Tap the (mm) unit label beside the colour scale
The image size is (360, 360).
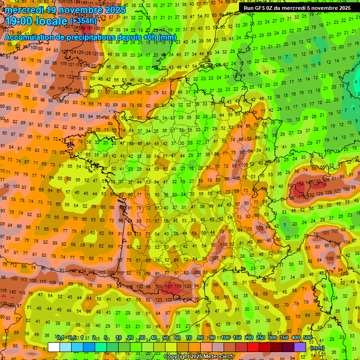pyautogui.click(x=317, y=348)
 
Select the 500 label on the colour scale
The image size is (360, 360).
pyautogui.click(x=307, y=338)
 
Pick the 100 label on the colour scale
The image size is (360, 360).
pyautogui.click(x=225, y=338)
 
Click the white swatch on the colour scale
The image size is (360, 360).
pyautogui.click(x=54, y=347)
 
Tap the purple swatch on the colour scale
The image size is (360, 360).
pyautogui.click(x=300, y=347)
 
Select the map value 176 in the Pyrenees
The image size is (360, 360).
pyautogui.click(x=178, y=286)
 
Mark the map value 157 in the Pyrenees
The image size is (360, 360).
pyautogui.click(x=170, y=286)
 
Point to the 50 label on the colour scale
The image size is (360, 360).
pyautogui.click(x=165, y=338)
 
